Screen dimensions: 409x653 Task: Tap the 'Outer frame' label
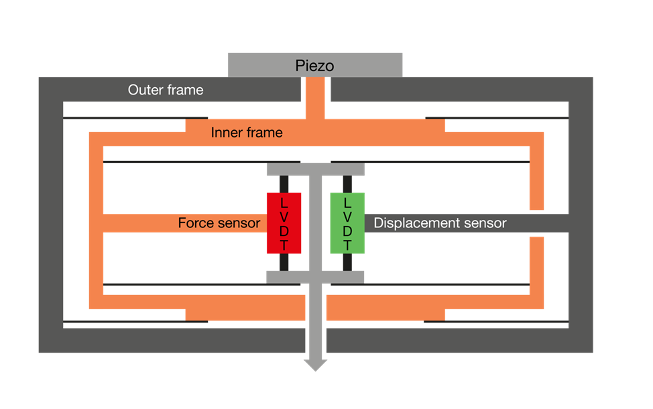pyautogui.click(x=166, y=90)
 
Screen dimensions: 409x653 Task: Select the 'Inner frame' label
pyautogui.click(x=247, y=133)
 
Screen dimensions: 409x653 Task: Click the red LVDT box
pyautogui.click(x=284, y=223)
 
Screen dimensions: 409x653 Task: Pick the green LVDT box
pyautogui.click(x=347, y=223)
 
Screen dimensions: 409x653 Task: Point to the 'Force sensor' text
pyautogui.click(x=219, y=223)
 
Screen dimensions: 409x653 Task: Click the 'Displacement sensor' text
pyautogui.click(x=440, y=223)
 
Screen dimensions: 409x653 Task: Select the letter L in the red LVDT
pyautogui.click(x=284, y=202)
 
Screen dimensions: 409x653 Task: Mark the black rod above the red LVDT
pyautogui.click(x=284, y=184)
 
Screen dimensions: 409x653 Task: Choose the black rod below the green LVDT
pyautogui.click(x=347, y=262)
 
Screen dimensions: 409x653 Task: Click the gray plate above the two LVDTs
pyautogui.click(x=315, y=170)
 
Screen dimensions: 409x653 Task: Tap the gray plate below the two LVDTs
pyautogui.click(x=315, y=276)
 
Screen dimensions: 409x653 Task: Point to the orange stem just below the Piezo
pyautogui.click(x=315, y=97)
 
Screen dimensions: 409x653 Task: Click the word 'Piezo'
pyautogui.click(x=314, y=66)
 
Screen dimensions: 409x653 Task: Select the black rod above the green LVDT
pyautogui.click(x=347, y=184)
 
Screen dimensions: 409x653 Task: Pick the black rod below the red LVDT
pyautogui.click(x=284, y=262)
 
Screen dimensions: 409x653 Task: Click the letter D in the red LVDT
pyautogui.click(x=284, y=231)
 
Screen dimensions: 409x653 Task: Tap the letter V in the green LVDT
pyautogui.click(x=347, y=216)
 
